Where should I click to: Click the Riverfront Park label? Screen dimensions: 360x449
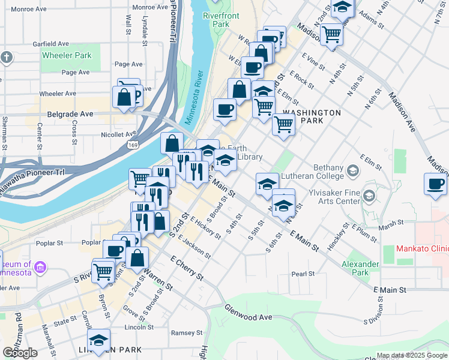tap(216, 19)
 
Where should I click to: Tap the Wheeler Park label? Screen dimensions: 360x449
tap(66, 55)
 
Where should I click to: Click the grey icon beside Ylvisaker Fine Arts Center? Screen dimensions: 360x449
tap(369, 196)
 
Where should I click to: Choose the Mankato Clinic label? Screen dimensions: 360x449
tap(421, 248)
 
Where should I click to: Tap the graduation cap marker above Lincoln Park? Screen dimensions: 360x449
tap(99, 339)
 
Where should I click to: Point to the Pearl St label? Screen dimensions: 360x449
tap(303, 274)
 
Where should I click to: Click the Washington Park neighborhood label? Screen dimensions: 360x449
tap(312, 116)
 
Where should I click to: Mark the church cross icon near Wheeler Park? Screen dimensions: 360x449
tap(7, 58)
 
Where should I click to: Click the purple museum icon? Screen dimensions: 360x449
tap(41, 266)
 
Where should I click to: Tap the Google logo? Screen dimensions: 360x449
tap(20, 353)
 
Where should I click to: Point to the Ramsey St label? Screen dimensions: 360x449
tap(187, 332)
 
